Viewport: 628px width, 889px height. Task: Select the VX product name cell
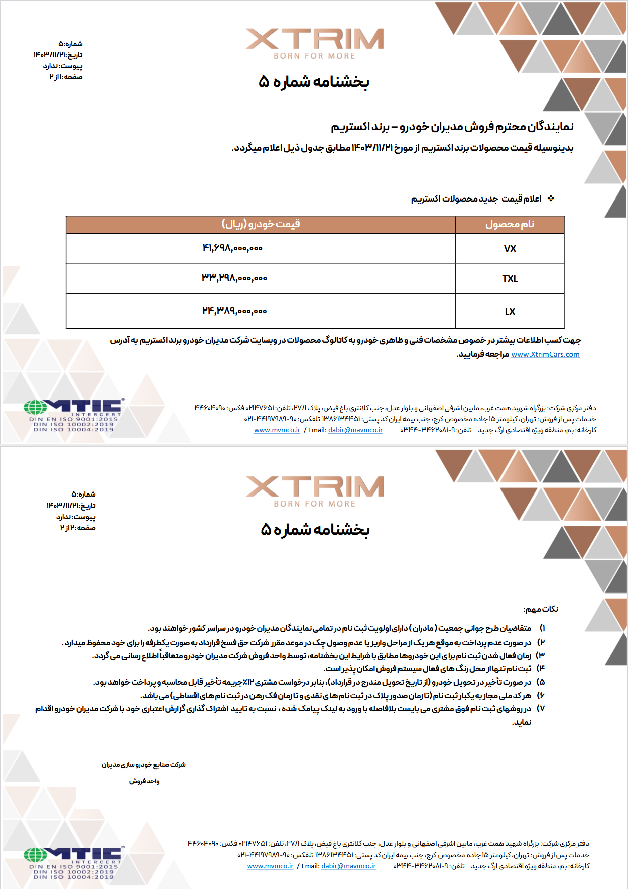pos(510,249)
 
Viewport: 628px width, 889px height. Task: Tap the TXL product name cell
pos(510,279)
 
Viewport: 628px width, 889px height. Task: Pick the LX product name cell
pos(510,312)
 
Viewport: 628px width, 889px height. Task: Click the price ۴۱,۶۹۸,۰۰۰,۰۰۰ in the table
pos(232,248)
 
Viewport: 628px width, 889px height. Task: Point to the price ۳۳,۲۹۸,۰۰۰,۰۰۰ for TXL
pos(234,278)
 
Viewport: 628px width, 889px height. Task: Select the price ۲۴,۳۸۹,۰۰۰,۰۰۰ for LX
pos(234,311)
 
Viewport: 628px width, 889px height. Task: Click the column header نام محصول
pos(510,224)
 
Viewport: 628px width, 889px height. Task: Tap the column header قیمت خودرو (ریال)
pos(261,224)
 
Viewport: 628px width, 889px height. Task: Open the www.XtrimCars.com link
pos(545,355)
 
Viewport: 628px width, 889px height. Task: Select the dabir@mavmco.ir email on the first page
pos(355,430)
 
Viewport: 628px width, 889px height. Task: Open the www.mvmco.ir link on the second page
pos(270,866)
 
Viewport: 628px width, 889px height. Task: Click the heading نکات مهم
pos(541,609)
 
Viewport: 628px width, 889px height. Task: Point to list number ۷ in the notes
pos(541,709)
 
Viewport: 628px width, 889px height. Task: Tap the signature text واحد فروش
pos(144,781)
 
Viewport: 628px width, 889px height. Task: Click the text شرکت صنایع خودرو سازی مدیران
pos(144,765)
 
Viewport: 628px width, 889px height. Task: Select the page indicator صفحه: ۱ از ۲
pos(66,77)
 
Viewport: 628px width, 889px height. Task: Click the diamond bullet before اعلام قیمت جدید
pos(551,199)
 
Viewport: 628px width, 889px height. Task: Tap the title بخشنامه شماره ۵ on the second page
pos(315,530)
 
